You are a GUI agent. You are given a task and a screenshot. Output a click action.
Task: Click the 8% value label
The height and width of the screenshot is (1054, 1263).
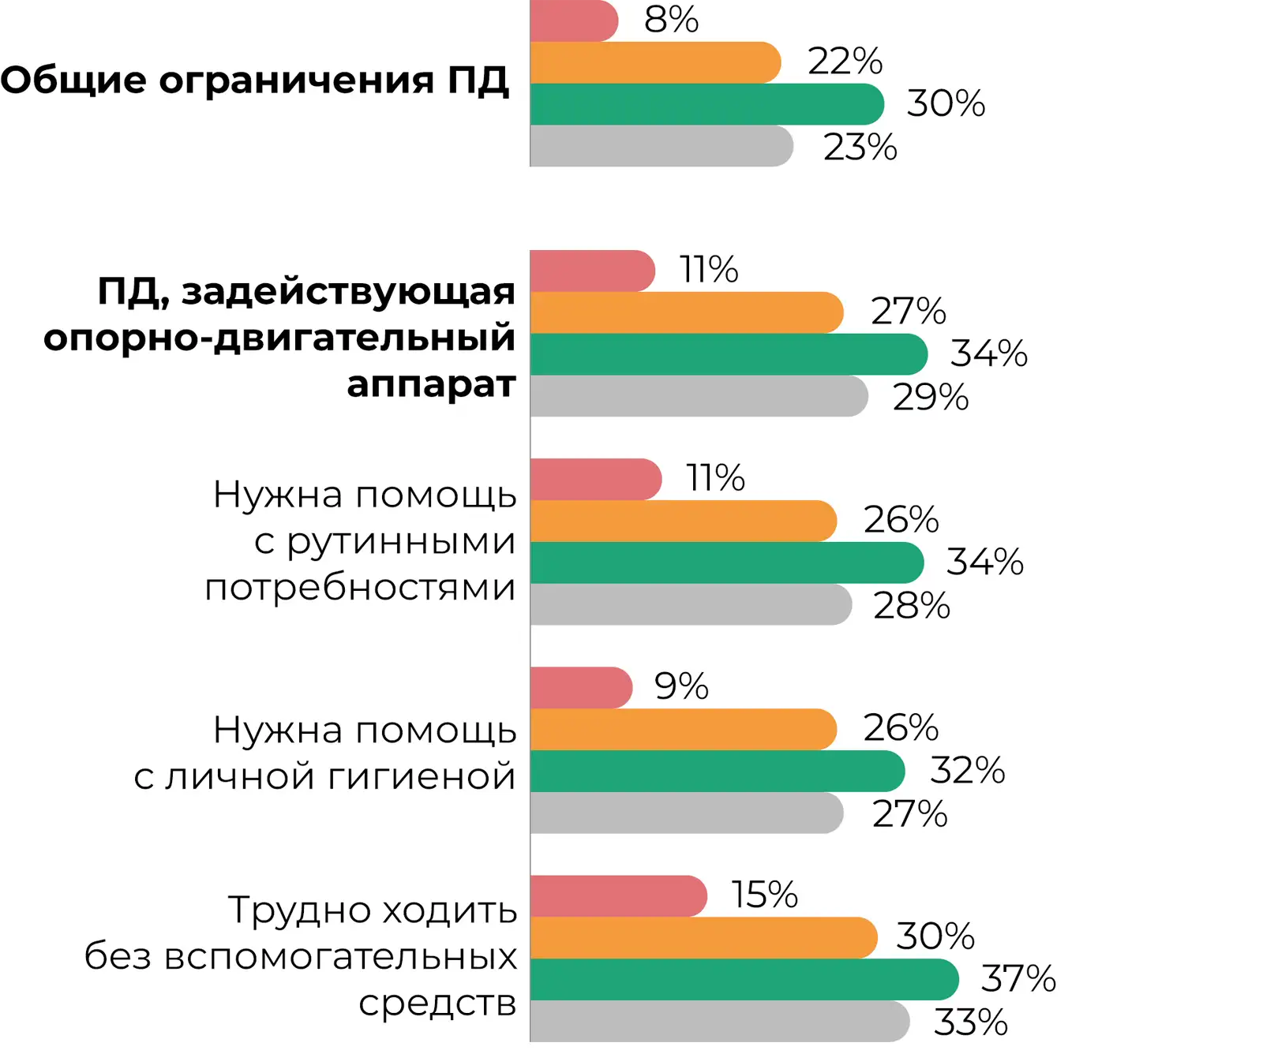coord(671,20)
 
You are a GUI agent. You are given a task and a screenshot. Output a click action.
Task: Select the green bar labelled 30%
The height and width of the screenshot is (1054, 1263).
coord(706,104)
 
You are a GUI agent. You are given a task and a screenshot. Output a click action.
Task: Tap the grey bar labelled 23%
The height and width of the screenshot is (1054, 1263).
coord(661,146)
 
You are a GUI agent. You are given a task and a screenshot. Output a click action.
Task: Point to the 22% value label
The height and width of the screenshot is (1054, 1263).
coord(845,62)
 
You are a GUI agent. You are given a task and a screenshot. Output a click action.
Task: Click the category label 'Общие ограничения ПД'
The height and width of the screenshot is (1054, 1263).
coord(254,80)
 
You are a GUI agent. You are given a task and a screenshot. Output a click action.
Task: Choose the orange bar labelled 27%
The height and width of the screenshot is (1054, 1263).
coord(687,312)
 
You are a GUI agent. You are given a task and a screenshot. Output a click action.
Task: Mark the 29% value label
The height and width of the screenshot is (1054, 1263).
coord(931,397)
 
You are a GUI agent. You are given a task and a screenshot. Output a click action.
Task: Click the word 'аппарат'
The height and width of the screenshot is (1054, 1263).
coord(431,384)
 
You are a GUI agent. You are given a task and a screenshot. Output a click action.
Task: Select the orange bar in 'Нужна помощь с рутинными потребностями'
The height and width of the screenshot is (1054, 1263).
coord(683,521)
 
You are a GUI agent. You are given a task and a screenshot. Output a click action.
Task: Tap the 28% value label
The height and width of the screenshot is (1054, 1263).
coord(912,606)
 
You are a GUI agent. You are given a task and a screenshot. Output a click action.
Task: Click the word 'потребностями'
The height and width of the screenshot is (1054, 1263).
coord(360,588)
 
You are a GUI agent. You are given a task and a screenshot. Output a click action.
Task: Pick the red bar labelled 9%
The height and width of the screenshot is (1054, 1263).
coord(581,688)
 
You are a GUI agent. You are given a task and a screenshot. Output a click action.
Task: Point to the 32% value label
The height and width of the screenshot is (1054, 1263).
coord(967,771)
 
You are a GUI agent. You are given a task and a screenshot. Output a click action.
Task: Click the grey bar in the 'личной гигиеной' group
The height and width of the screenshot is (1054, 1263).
coord(687,813)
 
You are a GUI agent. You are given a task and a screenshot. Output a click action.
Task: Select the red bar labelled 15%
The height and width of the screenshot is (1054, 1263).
coord(618,896)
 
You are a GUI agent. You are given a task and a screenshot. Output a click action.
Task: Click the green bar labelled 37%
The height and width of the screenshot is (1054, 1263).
coord(744,980)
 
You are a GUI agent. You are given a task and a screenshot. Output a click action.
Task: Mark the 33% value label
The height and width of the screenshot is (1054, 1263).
coord(971,1022)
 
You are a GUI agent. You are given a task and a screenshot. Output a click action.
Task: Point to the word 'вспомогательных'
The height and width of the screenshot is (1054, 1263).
coord(340,956)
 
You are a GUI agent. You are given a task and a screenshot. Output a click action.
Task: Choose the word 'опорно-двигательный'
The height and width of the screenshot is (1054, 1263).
coord(279,338)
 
